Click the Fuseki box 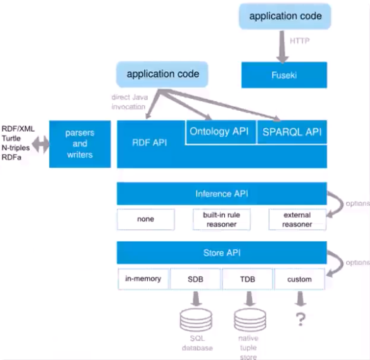284,75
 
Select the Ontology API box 221,132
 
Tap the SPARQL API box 292,132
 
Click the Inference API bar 222,194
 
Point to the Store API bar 222,253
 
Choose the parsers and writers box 80,144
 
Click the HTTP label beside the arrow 299,41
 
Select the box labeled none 146,219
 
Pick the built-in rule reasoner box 222,219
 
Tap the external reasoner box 297,219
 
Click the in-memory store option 143,279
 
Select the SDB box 196,279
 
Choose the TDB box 247,279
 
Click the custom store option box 299,279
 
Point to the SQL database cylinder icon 196,320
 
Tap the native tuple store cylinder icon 250,320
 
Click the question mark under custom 301,319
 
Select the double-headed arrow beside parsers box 41,144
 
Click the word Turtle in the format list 11,138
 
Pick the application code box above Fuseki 285,16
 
